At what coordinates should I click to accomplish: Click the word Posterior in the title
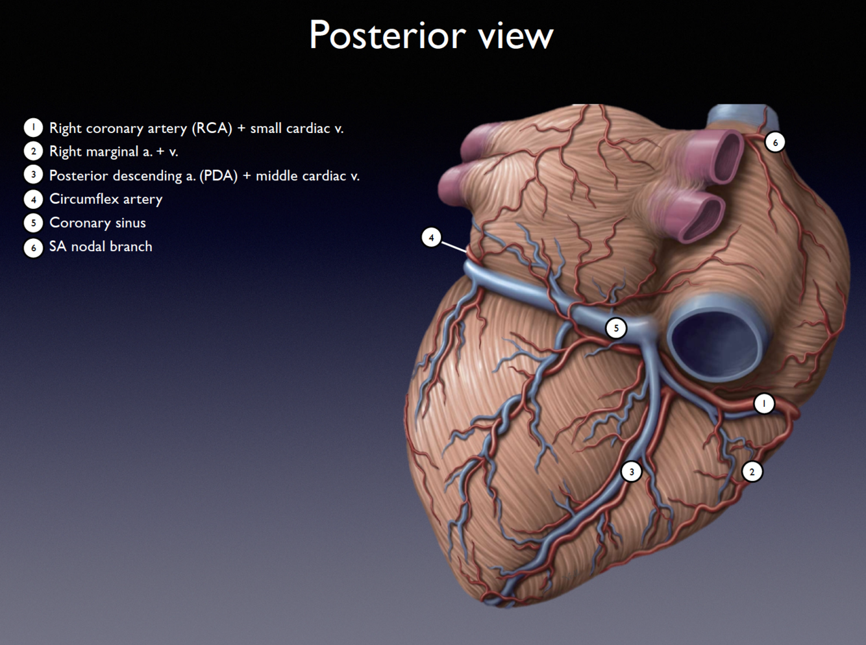[388, 36]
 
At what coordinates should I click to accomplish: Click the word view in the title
[516, 36]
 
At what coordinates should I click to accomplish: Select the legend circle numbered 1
[33, 128]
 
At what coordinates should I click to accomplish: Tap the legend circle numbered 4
[33, 199]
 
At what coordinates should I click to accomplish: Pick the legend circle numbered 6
[33, 247]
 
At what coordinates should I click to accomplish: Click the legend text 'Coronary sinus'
[97, 223]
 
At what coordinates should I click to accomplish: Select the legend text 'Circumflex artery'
[106, 199]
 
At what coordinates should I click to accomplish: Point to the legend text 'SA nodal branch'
[101, 247]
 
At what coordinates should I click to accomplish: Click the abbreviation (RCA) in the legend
[212, 128]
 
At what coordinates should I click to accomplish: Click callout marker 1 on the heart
[764, 404]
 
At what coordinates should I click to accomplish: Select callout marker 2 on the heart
[752, 472]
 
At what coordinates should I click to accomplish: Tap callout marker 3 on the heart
[631, 472]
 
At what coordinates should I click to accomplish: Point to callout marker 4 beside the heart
[431, 237]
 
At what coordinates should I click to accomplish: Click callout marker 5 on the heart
[616, 328]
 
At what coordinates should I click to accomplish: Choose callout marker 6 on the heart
[774, 142]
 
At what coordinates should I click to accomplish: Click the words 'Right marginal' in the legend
[93, 152]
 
